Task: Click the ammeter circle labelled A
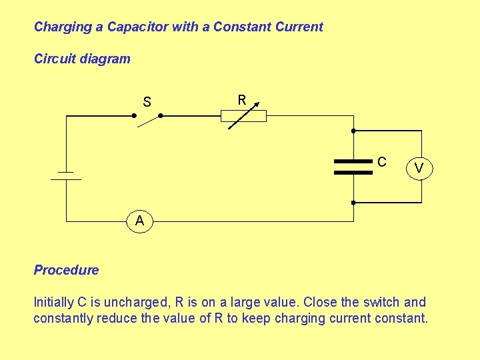pyautogui.click(x=139, y=221)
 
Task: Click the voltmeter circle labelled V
pyautogui.click(x=419, y=168)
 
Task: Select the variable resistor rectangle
pyautogui.click(x=243, y=116)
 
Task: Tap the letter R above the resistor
pyautogui.click(x=242, y=100)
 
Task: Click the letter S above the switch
pyautogui.click(x=147, y=102)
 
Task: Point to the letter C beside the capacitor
pyautogui.click(x=381, y=161)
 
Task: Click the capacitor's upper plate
pyautogui.click(x=353, y=161)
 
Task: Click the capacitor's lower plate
pyautogui.click(x=353, y=172)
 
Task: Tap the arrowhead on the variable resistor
pyautogui.click(x=255, y=105)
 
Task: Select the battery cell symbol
pyautogui.click(x=65, y=175)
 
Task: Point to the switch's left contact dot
pyautogui.click(x=133, y=115)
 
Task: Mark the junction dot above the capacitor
pyautogui.click(x=353, y=131)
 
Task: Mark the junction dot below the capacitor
pyautogui.click(x=353, y=202)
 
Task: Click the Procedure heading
pyautogui.click(x=66, y=270)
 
